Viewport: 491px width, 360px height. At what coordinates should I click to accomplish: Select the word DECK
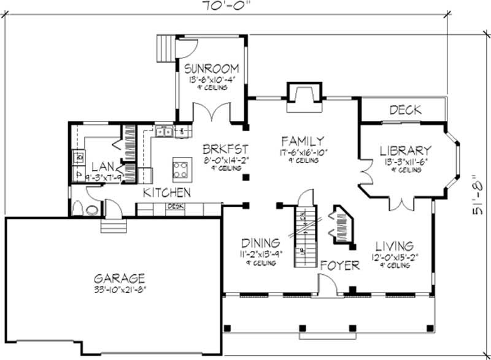[406, 110]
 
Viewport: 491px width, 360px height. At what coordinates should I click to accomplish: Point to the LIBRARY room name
[406, 150]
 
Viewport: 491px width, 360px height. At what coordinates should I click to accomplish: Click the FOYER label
[339, 266]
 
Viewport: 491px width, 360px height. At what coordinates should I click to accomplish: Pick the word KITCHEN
[166, 193]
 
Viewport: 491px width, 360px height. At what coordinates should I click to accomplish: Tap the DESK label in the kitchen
[176, 207]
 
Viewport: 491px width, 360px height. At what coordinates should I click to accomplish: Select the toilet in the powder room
[92, 209]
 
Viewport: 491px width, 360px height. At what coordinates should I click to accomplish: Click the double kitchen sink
[163, 130]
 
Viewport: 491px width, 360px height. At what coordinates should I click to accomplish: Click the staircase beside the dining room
[304, 236]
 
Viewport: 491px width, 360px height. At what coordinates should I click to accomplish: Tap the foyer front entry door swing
[327, 283]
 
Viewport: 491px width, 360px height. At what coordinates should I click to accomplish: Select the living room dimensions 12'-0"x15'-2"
[395, 258]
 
